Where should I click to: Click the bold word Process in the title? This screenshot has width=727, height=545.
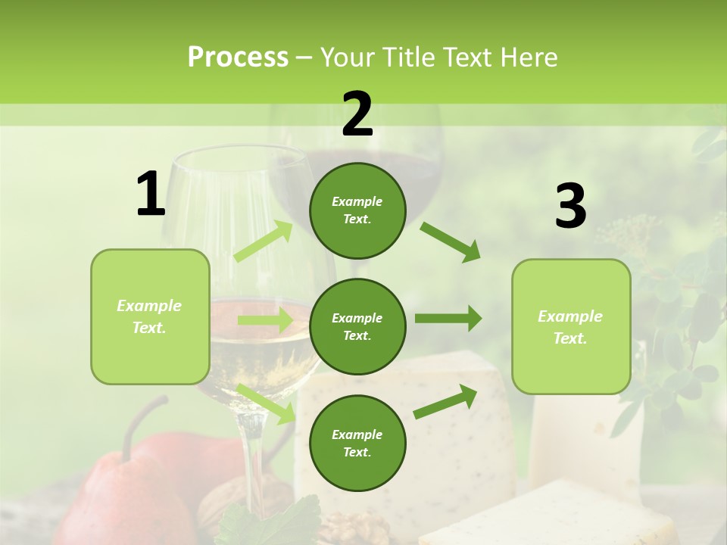pyautogui.click(x=238, y=58)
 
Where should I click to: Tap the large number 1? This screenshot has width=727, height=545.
pyautogui.click(x=151, y=195)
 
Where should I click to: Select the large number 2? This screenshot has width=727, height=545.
pyautogui.click(x=357, y=114)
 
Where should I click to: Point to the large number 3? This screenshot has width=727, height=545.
pyautogui.click(x=570, y=207)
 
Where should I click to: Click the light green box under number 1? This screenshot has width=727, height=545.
pyautogui.click(x=150, y=316)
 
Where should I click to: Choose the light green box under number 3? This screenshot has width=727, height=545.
pyautogui.click(x=571, y=326)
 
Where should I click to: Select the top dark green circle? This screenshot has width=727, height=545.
pyautogui.click(x=357, y=210)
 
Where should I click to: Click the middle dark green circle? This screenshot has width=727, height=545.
pyautogui.click(x=357, y=326)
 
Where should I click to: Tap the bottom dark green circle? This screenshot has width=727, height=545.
pyautogui.click(x=357, y=443)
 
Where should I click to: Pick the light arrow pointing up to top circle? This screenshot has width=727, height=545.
pyautogui.click(x=264, y=241)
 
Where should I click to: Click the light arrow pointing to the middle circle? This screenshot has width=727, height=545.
pyautogui.click(x=264, y=320)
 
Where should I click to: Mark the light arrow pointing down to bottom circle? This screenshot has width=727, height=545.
pyautogui.click(x=266, y=403)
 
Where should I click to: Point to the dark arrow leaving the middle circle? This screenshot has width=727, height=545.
pyautogui.click(x=448, y=319)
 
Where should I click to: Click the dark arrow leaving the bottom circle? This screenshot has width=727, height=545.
pyautogui.click(x=445, y=402)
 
